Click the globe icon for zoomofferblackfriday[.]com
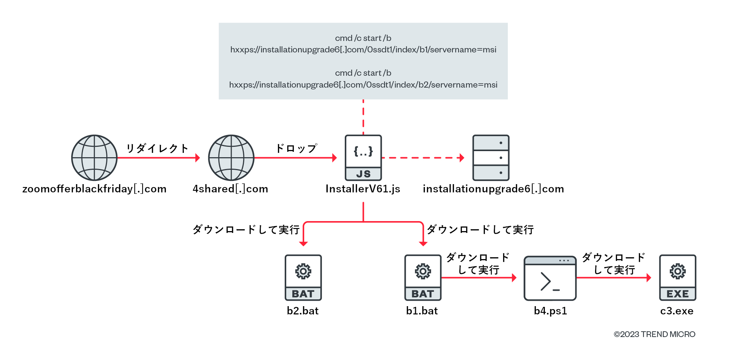[94, 158]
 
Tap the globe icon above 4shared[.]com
[231, 158]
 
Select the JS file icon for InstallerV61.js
[363, 158]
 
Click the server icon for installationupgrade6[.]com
[491, 158]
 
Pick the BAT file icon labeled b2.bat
[303, 277]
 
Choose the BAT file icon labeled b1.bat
[423, 277]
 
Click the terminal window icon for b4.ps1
[550, 278]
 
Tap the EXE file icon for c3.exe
[677, 277]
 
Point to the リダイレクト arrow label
[157, 148]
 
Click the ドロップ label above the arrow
[296, 148]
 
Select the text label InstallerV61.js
[363, 189]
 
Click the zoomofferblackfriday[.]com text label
[94, 189]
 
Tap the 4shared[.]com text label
[230, 189]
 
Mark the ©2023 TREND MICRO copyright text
[654, 334]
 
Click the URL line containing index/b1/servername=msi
[363, 50]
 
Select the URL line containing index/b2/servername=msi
[363, 85]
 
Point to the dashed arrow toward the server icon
[423, 158]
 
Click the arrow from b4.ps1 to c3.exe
[614, 277]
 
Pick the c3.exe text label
[677, 311]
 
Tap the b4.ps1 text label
[550, 311]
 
